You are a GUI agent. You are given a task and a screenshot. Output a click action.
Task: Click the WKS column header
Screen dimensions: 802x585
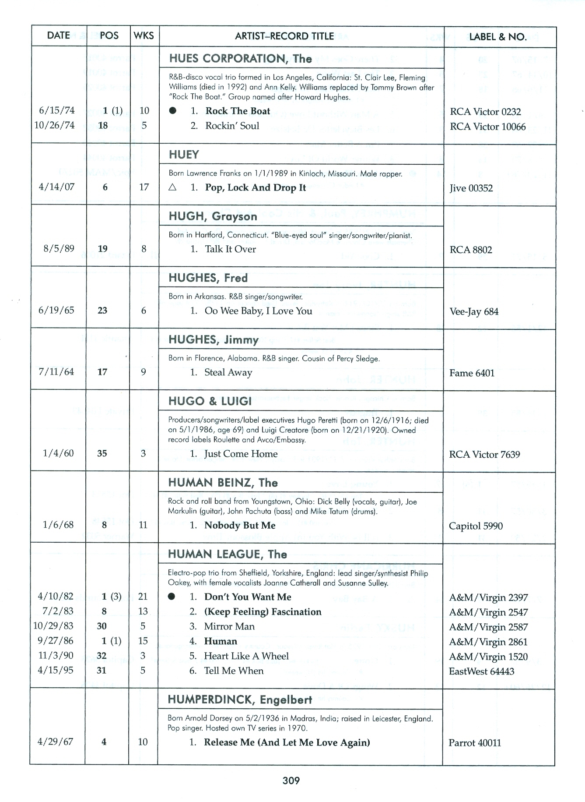coord(144,36)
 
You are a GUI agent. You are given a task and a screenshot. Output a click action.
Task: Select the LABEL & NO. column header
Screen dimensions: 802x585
coord(497,37)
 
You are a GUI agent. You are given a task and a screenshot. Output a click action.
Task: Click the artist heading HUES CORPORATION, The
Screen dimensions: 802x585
coord(240,59)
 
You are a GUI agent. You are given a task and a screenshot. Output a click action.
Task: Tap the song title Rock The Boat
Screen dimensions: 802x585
coord(238,111)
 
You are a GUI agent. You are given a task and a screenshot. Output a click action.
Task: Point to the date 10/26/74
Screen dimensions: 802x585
coord(55,125)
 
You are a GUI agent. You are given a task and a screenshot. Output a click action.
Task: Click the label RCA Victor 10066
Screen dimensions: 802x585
coord(487,127)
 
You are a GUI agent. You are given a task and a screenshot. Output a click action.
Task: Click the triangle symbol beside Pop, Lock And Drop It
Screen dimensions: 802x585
coord(172,187)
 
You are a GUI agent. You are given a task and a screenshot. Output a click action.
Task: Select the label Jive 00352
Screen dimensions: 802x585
coord(471,188)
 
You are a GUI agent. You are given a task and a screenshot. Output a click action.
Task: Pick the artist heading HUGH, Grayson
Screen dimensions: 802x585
coord(213,216)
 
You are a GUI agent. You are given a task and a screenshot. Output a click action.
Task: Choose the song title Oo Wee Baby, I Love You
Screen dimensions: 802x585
coord(258,311)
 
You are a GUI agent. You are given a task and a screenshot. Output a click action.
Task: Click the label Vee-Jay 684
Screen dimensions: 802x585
coord(474,312)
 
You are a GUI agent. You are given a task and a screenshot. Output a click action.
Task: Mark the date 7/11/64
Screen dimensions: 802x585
coord(56,372)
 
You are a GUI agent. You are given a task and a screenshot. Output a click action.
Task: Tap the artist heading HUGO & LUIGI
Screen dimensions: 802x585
coord(210,401)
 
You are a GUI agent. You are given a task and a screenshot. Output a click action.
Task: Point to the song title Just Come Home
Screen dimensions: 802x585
coord(241,454)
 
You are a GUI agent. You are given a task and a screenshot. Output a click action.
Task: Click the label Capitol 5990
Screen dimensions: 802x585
coord(476,526)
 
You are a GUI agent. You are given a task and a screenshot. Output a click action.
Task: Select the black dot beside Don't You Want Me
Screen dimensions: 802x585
coord(172,597)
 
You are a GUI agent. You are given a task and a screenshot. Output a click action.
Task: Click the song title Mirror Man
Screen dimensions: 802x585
coord(229,626)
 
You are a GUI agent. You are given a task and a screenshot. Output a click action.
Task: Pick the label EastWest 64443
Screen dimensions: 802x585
coord(481,671)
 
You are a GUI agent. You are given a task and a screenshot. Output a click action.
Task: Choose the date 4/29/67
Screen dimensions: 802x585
coord(55,742)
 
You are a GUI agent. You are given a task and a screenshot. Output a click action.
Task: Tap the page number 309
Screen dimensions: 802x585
coord(291,780)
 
